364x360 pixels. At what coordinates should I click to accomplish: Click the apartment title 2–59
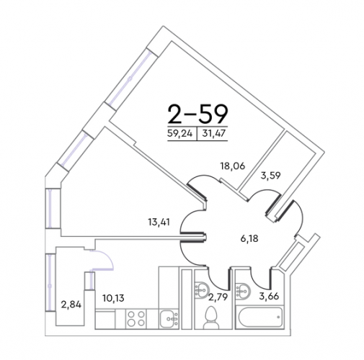tap(197, 114)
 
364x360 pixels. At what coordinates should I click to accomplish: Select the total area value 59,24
tap(180, 133)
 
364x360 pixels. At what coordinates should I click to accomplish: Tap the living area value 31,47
tap(214, 133)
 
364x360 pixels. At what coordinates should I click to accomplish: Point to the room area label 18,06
tap(233, 166)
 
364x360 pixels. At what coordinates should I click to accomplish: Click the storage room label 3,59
tap(270, 176)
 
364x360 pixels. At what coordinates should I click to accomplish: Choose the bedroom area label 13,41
tap(159, 222)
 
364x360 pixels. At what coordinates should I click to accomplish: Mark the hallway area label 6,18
tap(249, 238)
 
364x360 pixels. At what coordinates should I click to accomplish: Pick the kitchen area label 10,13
tap(113, 298)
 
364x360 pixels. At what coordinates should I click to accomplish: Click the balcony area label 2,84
tap(71, 305)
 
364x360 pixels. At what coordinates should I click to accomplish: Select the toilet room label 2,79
tap(218, 297)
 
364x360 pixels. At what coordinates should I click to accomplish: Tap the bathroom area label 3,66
tap(269, 296)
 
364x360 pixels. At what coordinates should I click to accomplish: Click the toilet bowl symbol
tap(211, 317)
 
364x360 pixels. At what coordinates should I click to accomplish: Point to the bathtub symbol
tap(259, 317)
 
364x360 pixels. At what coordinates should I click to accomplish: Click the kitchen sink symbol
tap(169, 319)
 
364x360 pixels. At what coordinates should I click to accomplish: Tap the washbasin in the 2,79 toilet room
tap(202, 289)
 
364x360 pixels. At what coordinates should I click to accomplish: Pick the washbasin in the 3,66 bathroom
tap(243, 292)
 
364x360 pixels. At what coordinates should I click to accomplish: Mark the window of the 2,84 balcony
tap(50, 282)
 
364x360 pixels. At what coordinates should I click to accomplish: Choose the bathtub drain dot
tap(278, 317)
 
